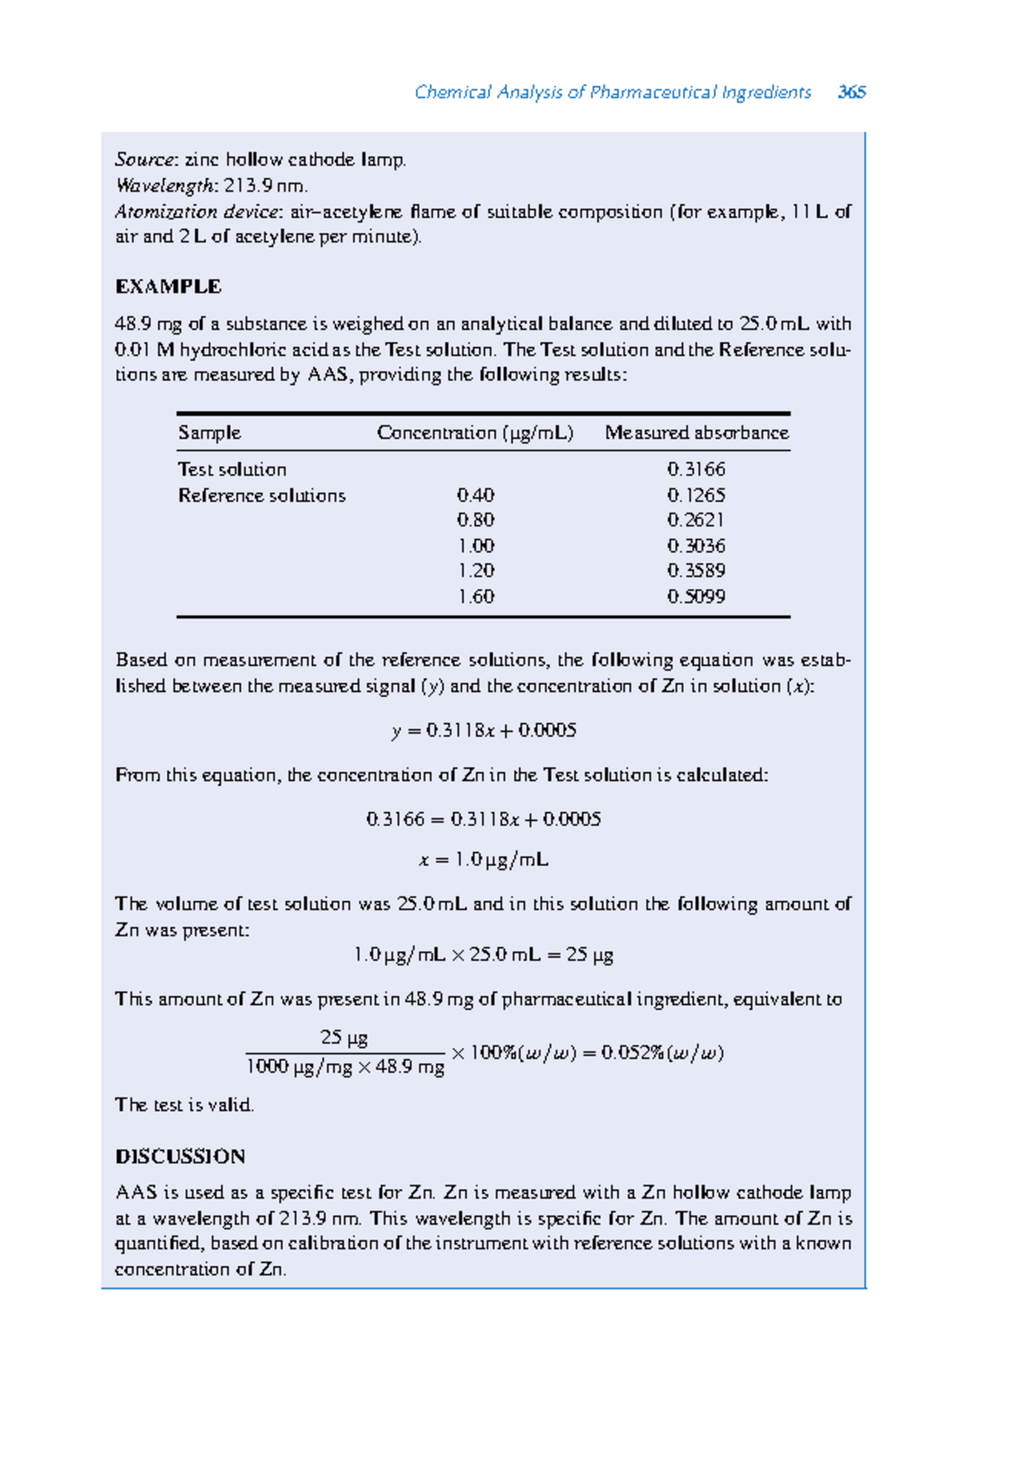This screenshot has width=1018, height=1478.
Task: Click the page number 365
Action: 851,92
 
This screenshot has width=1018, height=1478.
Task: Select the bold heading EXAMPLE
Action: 168,287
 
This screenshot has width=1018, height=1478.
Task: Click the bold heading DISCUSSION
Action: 180,1157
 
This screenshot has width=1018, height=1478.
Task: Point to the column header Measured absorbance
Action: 696,433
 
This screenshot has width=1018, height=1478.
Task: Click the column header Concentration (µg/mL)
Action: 475,433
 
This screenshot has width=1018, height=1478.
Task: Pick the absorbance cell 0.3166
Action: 696,470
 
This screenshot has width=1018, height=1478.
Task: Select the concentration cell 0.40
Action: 475,495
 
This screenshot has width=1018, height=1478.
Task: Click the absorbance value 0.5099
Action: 696,597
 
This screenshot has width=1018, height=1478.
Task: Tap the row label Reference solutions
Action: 261,495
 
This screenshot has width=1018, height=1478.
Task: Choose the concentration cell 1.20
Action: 475,571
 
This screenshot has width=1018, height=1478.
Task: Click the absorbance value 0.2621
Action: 696,520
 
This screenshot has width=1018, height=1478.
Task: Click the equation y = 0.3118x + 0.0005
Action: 484,731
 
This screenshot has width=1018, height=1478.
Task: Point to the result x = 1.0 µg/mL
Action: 484,860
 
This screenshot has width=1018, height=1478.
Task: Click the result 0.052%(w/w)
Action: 662,1053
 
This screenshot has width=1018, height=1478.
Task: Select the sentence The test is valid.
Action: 184,1105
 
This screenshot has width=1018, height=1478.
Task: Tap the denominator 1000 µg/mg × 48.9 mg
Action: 344,1068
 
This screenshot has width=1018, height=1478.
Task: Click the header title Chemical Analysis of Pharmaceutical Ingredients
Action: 612,92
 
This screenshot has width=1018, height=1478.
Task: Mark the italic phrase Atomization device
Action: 196,212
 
